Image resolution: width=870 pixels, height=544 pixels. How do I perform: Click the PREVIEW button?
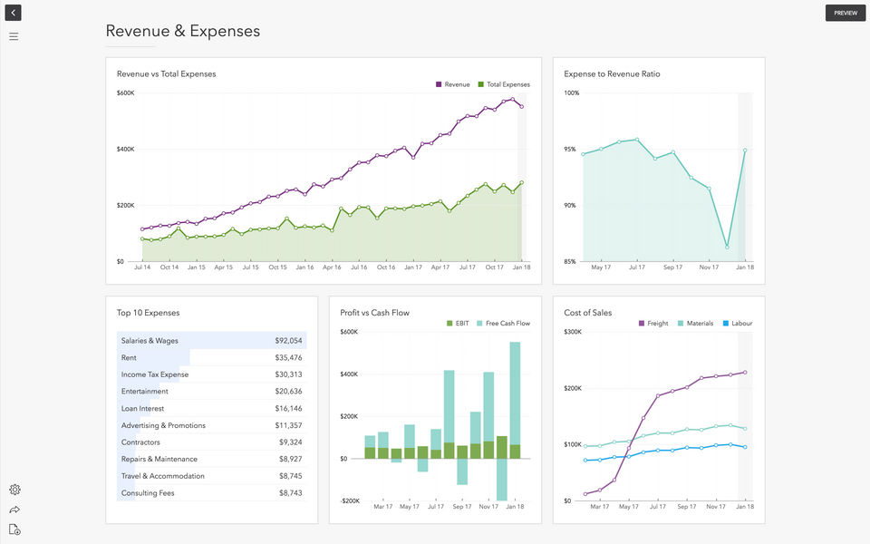[x=846, y=13]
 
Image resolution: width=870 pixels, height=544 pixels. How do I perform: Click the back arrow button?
[x=13, y=13]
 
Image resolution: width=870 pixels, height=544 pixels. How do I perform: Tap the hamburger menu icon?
[x=14, y=36]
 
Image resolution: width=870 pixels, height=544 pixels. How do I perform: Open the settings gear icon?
[x=14, y=490]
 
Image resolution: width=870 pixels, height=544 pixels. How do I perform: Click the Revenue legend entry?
[x=452, y=84]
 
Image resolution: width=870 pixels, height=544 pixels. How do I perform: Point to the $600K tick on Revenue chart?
[x=125, y=93]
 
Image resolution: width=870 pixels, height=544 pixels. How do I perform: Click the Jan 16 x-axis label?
[x=304, y=267]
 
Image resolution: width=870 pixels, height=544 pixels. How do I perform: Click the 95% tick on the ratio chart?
[x=571, y=150]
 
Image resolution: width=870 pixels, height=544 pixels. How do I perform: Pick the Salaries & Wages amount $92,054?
[x=288, y=341]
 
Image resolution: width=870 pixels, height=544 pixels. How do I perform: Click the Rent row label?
[x=129, y=358]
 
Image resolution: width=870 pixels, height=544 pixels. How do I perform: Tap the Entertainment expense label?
[x=144, y=392]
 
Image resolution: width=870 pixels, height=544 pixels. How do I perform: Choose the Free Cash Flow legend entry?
[x=503, y=324]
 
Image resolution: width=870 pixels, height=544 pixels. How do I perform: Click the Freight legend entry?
[x=653, y=324]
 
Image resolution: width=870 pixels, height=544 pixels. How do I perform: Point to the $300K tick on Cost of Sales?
[x=572, y=332]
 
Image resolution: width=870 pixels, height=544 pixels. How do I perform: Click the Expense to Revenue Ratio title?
[x=612, y=74]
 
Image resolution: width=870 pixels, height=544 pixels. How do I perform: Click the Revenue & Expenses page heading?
[x=182, y=31]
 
